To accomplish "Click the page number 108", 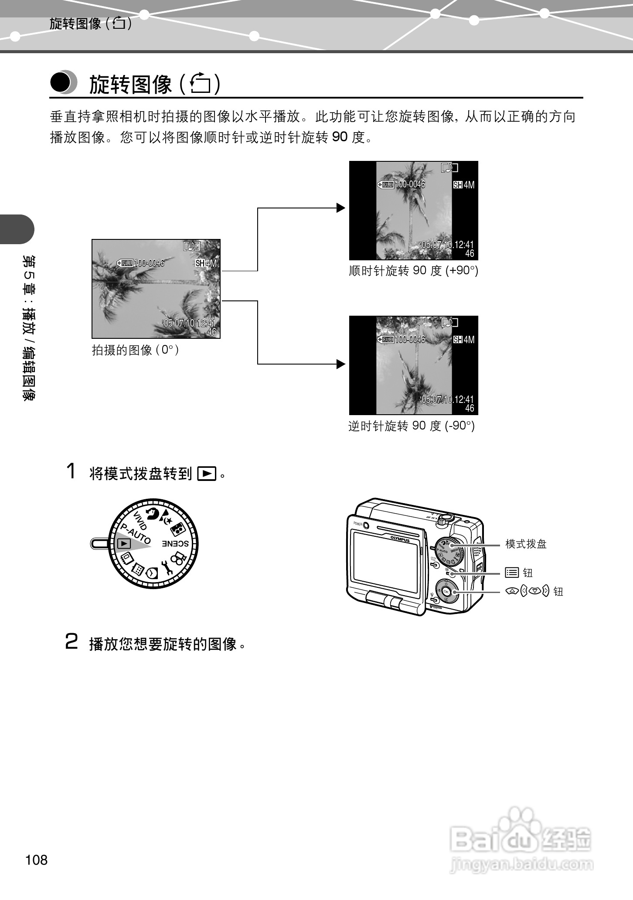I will click(37, 859).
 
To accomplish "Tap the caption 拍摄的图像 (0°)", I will click(136, 350).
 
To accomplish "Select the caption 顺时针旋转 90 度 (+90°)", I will click(413, 271).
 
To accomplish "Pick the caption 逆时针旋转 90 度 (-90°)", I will click(411, 426).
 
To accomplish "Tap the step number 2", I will click(71, 641).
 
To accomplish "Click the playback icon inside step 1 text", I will click(207, 473).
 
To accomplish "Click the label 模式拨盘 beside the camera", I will click(526, 544).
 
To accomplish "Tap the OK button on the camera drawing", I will click(446, 592).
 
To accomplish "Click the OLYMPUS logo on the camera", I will click(400, 539).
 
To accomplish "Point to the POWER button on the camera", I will click(365, 525).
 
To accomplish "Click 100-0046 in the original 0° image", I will click(150, 263).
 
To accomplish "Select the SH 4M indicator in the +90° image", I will click(464, 185).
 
